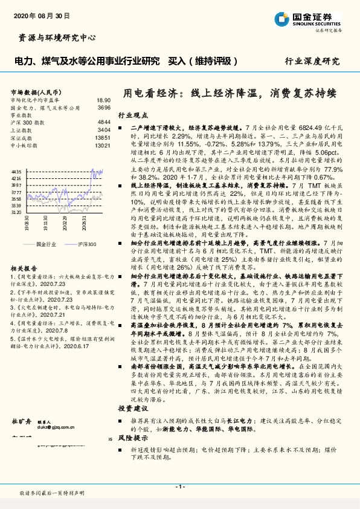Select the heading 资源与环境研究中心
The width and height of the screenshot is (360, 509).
tap(54, 38)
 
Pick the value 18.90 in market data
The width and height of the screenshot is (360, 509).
tap(103, 100)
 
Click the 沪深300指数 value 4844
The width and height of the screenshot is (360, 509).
tap(103, 122)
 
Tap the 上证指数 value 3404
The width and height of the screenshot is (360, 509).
tap(103, 129)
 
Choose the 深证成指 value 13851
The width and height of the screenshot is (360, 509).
tap(102, 138)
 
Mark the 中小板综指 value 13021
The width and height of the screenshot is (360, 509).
tap(102, 146)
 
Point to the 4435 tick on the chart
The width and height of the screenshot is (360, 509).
tap(16, 172)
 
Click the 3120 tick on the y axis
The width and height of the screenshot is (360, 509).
tap(16, 212)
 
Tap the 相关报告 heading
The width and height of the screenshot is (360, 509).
tap(24, 267)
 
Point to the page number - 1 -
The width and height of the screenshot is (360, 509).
tap(179, 486)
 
